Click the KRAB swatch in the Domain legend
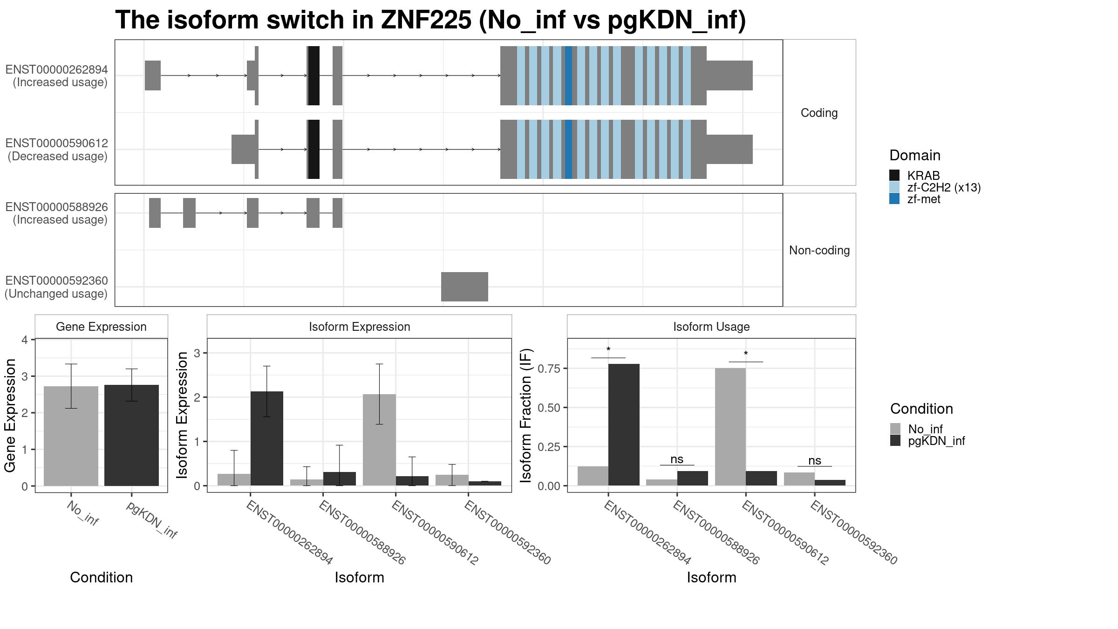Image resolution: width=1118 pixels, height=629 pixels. click(894, 175)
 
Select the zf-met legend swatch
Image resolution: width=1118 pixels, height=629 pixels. click(894, 199)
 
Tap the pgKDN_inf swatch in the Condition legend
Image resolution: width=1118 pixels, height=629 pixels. click(895, 441)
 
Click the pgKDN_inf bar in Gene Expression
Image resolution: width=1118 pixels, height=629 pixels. click(131, 435)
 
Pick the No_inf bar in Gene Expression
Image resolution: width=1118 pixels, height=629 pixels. click(71, 436)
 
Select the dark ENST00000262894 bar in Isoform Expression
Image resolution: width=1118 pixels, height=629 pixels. click(267, 438)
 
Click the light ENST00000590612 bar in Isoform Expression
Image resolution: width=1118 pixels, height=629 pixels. click(379, 440)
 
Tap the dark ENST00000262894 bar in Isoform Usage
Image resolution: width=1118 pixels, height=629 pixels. click(624, 425)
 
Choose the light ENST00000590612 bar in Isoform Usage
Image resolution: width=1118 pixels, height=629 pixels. click(730, 427)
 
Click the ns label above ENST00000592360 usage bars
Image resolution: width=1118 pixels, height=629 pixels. click(815, 461)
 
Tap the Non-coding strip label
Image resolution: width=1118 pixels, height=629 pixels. click(819, 251)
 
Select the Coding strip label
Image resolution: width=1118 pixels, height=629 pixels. click(819, 113)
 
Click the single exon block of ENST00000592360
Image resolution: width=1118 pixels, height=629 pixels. click(464, 287)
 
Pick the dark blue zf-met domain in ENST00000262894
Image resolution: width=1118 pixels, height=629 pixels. click(568, 75)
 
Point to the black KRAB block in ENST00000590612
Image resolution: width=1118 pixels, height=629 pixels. click(314, 149)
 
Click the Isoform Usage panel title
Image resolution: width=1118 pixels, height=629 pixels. click(711, 327)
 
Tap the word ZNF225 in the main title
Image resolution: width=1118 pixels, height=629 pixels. click(426, 20)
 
